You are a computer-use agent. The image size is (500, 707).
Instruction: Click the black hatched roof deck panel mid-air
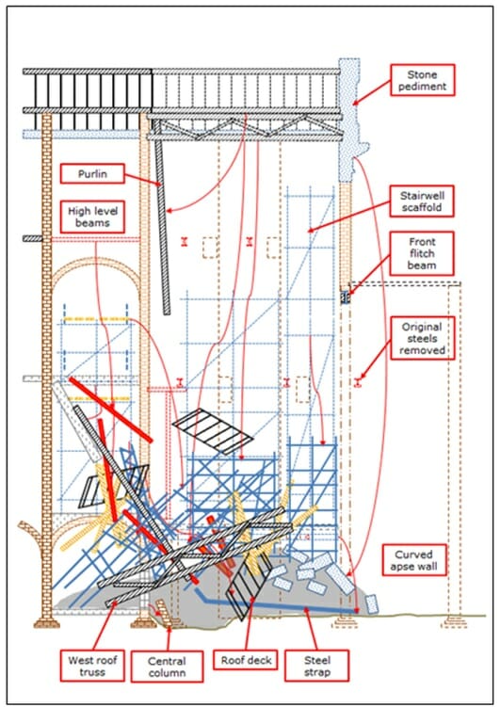[x=218, y=430]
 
